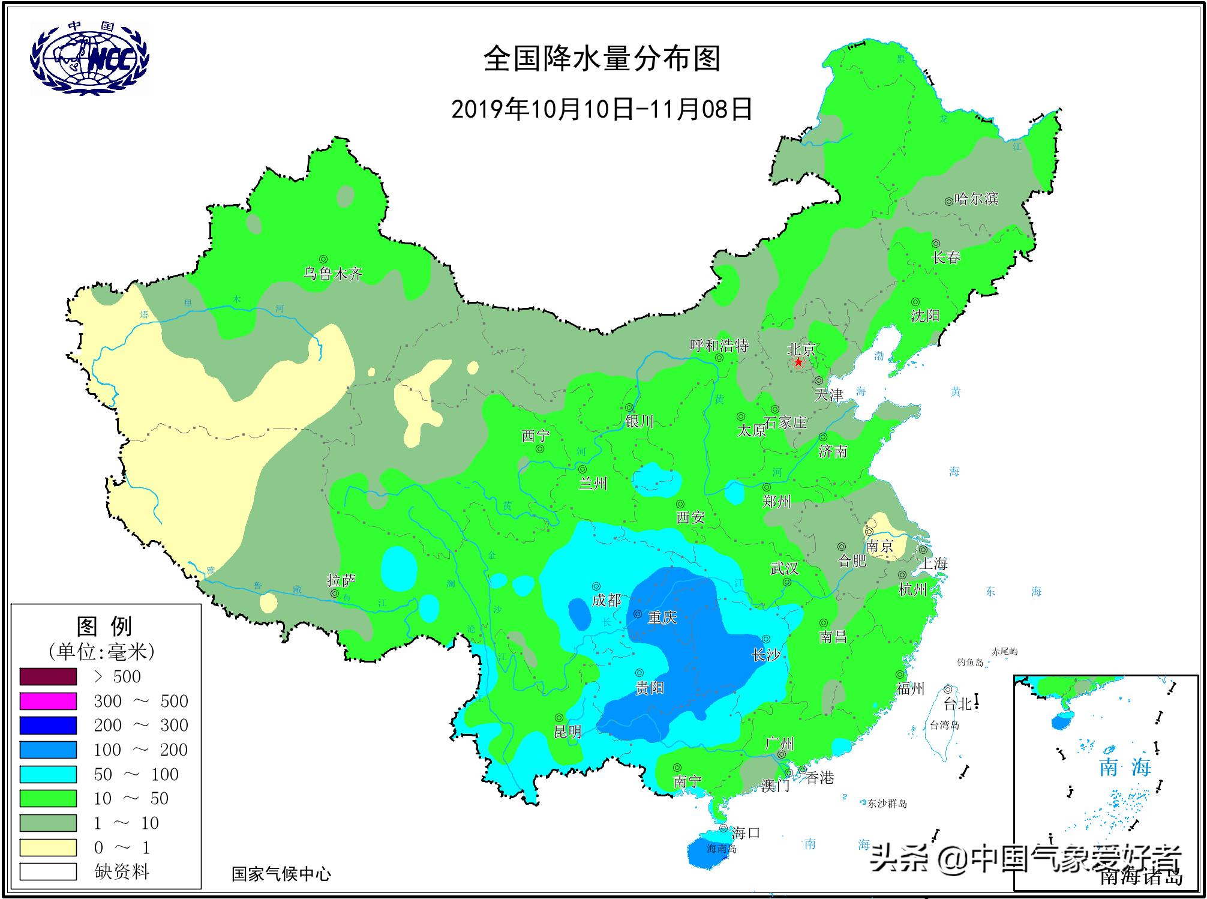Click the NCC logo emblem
pos(89,58)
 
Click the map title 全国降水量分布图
pos(602,59)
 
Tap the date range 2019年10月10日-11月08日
pos(602,109)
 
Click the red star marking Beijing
pos(798,362)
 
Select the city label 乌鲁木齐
pos(333,274)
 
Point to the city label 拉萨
pos(341,580)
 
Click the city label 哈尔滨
pos(976,199)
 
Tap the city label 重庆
pos(662,618)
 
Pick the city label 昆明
pos(568,732)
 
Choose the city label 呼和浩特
pos(719,346)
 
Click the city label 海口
pos(746,832)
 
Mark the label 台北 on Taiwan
pos(957,704)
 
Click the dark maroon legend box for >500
pos(48,676)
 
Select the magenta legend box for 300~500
pos(48,701)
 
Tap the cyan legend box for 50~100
pos(48,774)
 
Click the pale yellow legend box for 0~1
pos(48,847)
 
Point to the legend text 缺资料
pos(122,871)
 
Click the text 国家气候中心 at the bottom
pos(281,874)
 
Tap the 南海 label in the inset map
pos(1125,767)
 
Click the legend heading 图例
pos(105,627)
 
